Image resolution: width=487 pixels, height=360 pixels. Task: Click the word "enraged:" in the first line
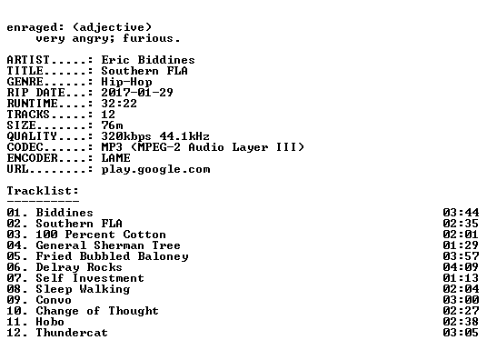[35, 28]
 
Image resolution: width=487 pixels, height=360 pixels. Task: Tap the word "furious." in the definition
[151, 38]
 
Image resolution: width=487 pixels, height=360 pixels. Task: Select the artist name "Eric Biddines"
[148, 60]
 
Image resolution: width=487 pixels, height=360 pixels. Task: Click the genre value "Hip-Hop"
[126, 82]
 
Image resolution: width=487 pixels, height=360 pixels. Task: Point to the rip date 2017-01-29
[137, 93]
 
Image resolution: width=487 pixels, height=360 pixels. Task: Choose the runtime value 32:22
[119, 104]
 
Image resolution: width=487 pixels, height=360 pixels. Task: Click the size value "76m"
[112, 125]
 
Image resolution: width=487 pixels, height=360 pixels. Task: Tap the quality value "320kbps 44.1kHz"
[155, 135]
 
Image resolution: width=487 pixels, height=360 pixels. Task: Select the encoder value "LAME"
[116, 157]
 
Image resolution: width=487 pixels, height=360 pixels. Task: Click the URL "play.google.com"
[155, 169]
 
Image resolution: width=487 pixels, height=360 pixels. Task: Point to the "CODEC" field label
[25, 146]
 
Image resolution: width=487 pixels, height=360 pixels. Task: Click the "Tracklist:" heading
[43, 190]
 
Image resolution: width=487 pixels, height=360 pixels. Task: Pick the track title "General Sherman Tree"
[108, 245]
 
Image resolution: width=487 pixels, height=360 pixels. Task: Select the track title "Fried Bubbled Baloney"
[112, 256]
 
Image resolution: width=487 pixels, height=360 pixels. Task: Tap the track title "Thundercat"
[72, 333]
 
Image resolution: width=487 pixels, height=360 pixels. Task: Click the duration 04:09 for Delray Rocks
[461, 266]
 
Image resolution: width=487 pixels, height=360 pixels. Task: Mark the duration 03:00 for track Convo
[461, 299]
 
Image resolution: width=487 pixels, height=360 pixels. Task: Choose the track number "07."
[17, 277]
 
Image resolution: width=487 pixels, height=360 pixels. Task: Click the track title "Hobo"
[50, 322]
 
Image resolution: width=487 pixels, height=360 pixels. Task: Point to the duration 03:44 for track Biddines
[461, 213]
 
